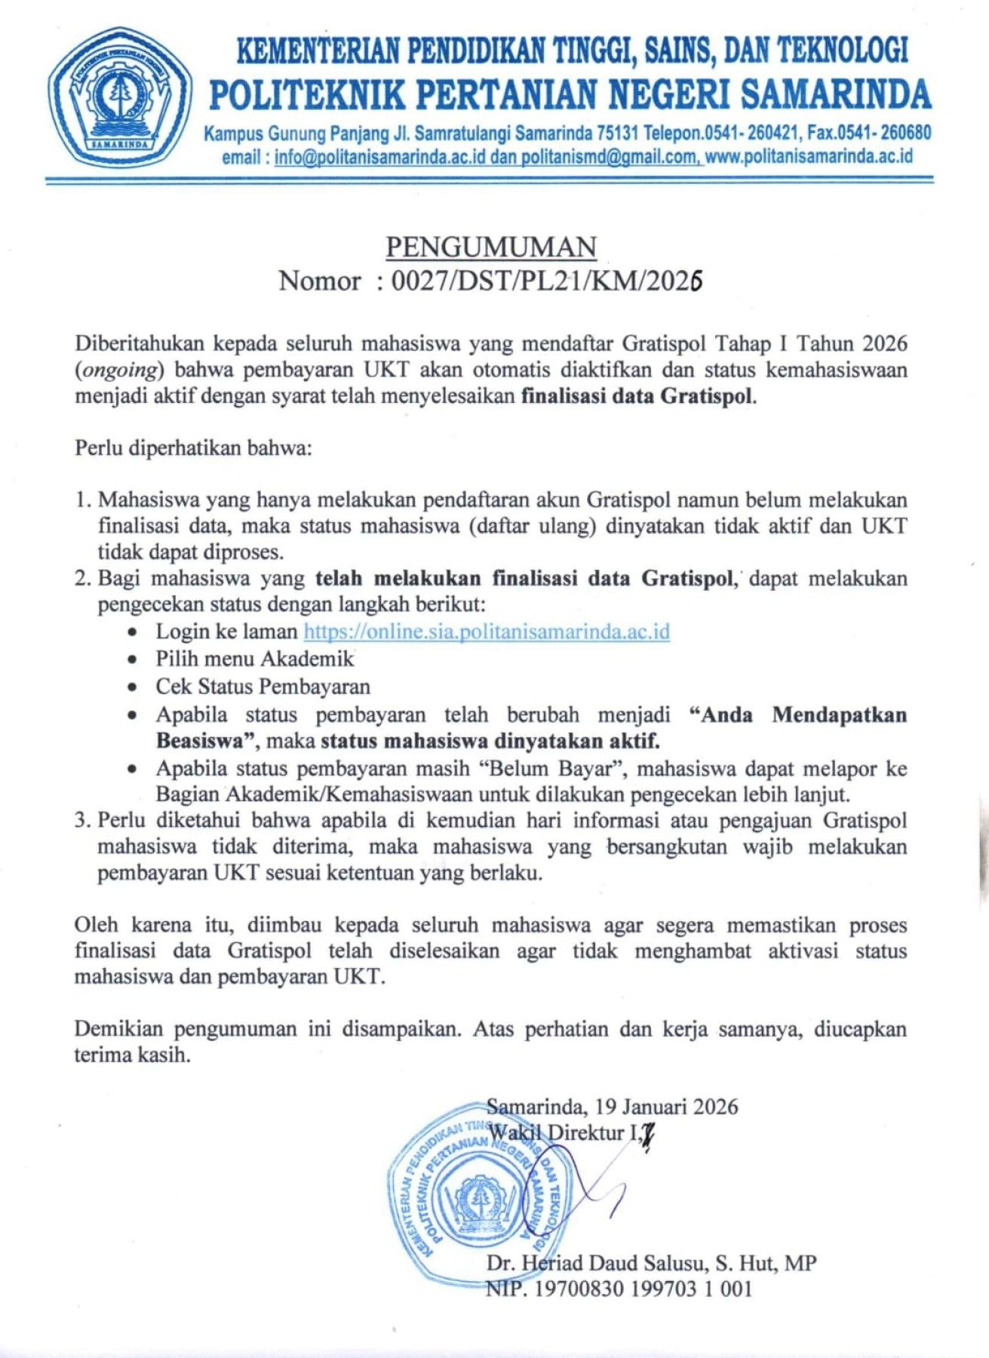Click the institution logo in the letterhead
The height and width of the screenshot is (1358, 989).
point(119,98)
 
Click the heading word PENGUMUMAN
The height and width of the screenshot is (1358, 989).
point(491,247)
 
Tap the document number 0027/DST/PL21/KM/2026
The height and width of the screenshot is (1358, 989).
point(547,281)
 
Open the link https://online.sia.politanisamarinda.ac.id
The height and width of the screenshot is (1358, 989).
point(487,631)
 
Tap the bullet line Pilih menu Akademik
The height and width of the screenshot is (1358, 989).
point(254,659)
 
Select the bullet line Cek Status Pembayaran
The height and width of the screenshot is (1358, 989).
point(263,687)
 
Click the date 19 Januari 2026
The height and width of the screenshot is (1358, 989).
point(666,1106)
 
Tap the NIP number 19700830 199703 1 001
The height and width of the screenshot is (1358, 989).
point(643,1289)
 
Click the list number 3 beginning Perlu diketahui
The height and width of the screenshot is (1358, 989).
point(81,820)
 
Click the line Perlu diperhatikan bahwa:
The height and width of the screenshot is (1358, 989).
point(193,448)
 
